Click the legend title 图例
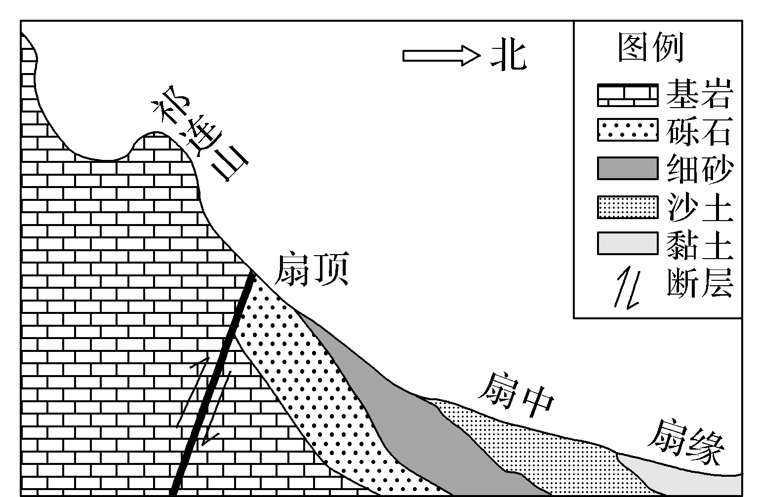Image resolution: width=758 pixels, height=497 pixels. coord(650,48)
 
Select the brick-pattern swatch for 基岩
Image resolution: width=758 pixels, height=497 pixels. coord(628,95)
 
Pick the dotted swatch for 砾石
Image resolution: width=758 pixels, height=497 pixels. coord(628,130)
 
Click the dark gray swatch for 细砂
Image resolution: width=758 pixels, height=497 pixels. coord(628,168)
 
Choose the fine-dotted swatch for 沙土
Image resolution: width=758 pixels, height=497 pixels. coord(628,207)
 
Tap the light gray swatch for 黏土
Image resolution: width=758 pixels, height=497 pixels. coord(628,243)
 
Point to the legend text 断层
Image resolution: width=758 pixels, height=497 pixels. coord(698,282)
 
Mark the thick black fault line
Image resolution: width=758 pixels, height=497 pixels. coord(212,385)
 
